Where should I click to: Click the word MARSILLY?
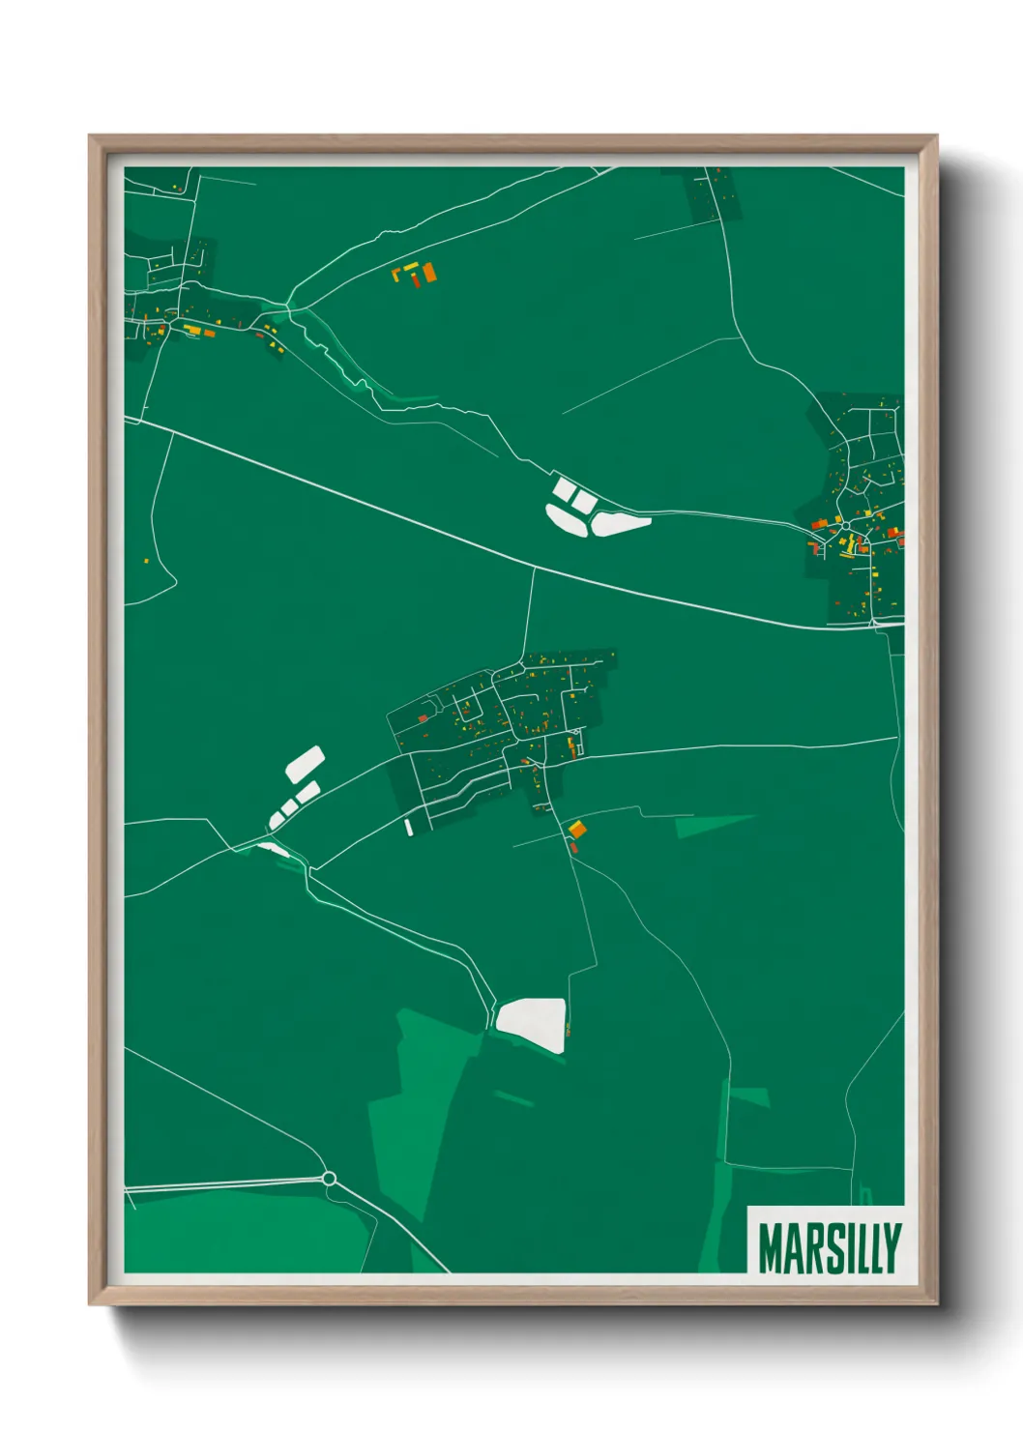tap(829, 1248)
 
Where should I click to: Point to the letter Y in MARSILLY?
tap(891, 1248)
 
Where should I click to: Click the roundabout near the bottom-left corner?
tap(329, 1178)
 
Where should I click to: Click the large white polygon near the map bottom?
tap(531, 1023)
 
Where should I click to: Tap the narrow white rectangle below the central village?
tap(408, 827)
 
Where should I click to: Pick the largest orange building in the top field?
tap(429, 273)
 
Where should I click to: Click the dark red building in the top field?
tap(417, 280)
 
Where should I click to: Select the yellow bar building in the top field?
tap(410, 266)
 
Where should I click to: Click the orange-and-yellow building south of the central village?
tap(576, 829)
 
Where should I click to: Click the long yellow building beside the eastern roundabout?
tap(852, 545)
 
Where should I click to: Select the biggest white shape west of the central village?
tap(305, 764)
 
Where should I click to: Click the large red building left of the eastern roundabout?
tap(820, 524)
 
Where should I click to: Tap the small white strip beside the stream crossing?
tap(274, 849)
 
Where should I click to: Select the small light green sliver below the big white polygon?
tap(513, 1097)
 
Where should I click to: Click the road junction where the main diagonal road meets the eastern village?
tap(875, 627)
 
